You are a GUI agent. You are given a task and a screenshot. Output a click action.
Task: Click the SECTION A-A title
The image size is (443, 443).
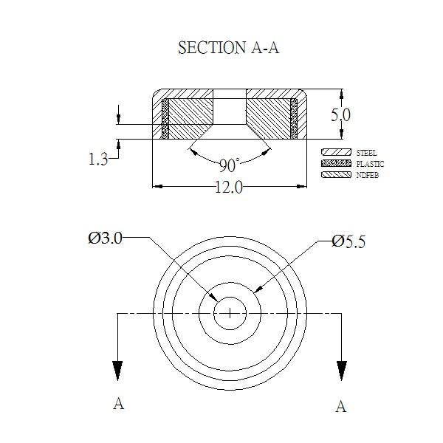click(x=229, y=47)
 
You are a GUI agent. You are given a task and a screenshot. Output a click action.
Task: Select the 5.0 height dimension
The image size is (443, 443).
click(x=340, y=115)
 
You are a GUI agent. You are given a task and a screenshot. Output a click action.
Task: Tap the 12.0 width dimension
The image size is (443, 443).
click(x=229, y=187)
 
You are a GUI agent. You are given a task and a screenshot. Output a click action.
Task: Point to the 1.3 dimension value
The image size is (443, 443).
click(x=98, y=159)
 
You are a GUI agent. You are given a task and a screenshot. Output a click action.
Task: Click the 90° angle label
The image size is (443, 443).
click(x=230, y=165)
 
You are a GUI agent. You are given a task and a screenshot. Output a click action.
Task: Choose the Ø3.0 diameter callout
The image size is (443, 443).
click(x=105, y=238)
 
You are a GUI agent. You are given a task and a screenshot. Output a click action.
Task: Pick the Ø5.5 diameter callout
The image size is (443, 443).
click(x=348, y=242)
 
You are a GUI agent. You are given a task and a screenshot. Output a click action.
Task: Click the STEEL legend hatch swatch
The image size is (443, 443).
click(x=336, y=152)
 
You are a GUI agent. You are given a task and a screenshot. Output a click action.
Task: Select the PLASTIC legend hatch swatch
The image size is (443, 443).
click(x=336, y=164)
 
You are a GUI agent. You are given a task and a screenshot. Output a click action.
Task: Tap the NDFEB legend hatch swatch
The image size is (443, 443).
click(x=336, y=174)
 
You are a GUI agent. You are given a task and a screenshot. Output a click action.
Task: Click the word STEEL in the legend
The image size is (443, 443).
click(x=366, y=153)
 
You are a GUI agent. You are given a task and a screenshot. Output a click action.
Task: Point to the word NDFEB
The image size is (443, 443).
click(x=367, y=175)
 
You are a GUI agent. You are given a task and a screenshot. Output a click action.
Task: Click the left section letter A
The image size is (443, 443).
click(x=119, y=403)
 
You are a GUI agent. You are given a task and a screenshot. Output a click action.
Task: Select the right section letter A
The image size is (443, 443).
click(x=341, y=407)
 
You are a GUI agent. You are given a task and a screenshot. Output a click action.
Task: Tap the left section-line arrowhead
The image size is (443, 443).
click(x=117, y=371)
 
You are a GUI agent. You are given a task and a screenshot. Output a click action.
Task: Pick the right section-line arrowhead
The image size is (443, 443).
click(x=342, y=371)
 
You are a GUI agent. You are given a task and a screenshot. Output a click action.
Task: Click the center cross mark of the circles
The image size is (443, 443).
click(x=230, y=313)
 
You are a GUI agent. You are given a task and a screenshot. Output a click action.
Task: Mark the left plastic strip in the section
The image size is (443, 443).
click(x=165, y=119)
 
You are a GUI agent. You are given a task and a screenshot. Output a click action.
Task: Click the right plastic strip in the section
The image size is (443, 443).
click(x=294, y=119)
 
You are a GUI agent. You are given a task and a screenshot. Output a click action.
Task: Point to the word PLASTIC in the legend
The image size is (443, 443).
click(x=370, y=164)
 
